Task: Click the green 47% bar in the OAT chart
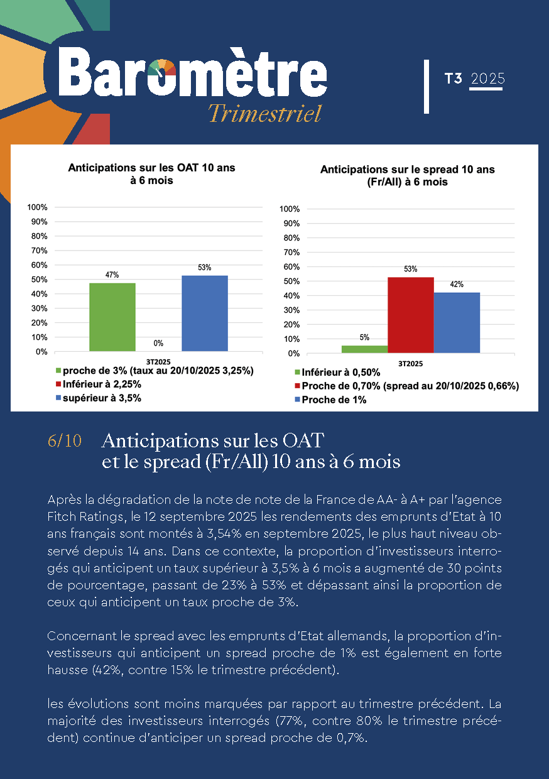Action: coord(112,317)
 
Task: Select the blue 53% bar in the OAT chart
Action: coord(205,313)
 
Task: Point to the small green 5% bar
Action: coord(364,349)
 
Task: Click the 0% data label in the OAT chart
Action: coord(158,344)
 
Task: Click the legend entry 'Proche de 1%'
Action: coord(334,400)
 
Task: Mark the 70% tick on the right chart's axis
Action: coord(291,253)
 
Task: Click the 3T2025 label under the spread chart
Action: coord(410,364)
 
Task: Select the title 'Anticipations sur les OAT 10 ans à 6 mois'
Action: coord(151,174)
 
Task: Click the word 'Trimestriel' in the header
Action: coord(264,114)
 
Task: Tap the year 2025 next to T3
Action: coord(487,79)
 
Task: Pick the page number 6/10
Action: coord(64,441)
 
